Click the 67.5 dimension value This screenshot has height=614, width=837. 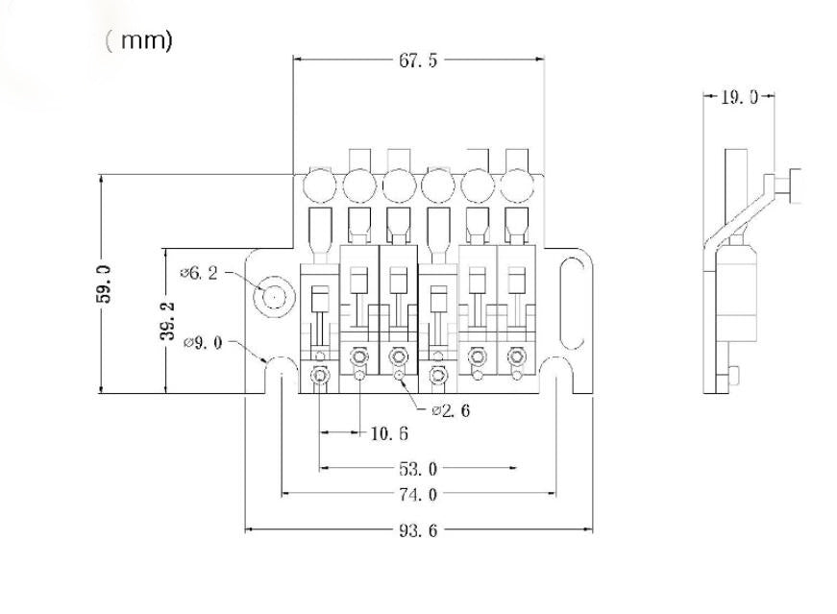point(418,61)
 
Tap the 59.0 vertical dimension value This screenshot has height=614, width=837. point(104,283)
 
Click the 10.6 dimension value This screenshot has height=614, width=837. point(388,433)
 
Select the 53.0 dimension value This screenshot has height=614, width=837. point(417,469)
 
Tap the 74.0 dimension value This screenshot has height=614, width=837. point(417,495)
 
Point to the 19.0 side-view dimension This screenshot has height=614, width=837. point(739,97)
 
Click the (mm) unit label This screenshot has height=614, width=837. point(139,41)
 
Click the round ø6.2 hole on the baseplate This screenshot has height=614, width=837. point(273,298)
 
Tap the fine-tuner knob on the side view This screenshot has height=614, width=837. point(796,185)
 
